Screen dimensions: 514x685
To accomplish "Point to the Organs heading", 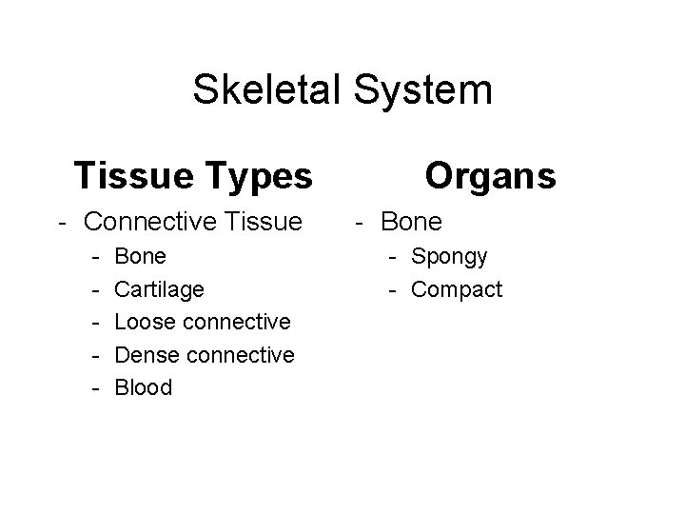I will tap(490, 175).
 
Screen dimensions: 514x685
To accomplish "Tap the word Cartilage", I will tap(159, 288).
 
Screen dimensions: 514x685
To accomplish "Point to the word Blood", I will tap(144, 387).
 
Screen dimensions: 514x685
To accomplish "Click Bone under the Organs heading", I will tap(411, 222).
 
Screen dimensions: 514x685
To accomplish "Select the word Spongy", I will tap(450, 257).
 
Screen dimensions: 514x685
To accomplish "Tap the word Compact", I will tap(457, 289).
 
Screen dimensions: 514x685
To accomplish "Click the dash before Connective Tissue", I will tap(60, 223).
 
